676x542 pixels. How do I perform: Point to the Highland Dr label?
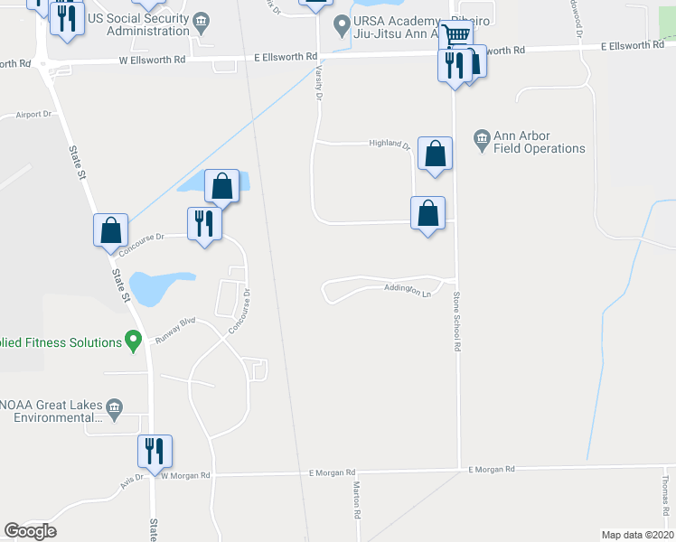pos(390,144)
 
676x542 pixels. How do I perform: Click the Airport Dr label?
pos(35,115)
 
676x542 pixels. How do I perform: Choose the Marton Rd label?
pos(357,496)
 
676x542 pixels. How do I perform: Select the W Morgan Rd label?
pos(186,475)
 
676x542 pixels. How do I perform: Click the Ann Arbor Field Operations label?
pos(540,143)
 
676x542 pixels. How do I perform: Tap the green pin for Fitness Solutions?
pos(134,341)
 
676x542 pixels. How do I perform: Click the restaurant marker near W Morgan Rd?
pos(155,449)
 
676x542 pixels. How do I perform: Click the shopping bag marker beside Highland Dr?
pos(435,153)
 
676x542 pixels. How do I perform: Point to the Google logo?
pos(30,531)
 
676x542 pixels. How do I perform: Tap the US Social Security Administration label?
pos(136,24)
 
